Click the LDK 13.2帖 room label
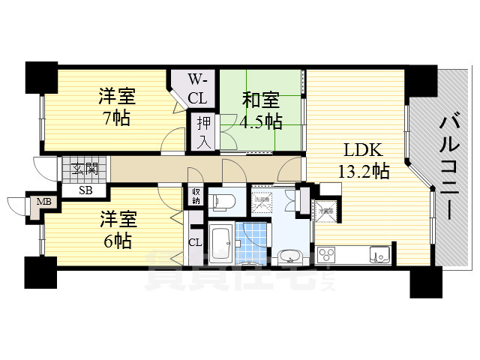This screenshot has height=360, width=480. (363, 160)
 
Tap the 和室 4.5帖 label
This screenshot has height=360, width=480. (261, 109)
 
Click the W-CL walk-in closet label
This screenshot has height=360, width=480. (199, 88)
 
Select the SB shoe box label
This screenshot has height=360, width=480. (86, 189)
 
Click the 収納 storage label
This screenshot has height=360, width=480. (196, 196)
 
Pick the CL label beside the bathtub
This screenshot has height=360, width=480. (195, 241)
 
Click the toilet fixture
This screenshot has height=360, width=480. (225, 200)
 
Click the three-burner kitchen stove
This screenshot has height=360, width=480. (328, 255)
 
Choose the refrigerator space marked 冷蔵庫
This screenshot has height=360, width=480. (325, 211)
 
